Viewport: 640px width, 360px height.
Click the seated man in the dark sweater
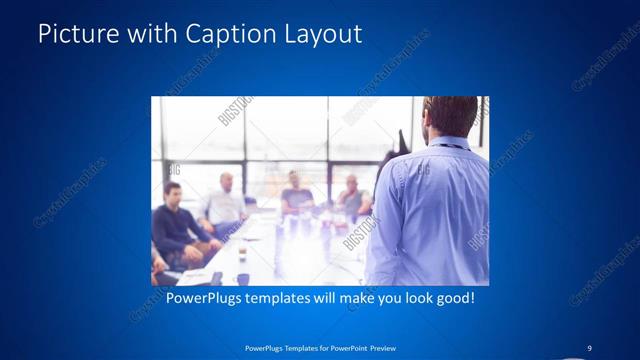pos(175,222)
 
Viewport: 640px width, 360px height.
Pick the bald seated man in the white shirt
pos(225,205)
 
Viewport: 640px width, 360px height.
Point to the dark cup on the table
pos(242,279)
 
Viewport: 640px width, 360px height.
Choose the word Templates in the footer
pos(292,348)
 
